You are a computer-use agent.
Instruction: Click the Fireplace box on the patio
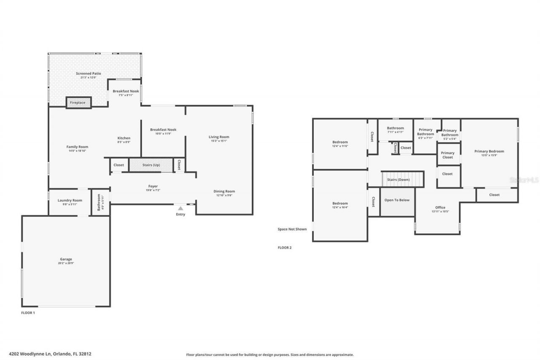[78, 103]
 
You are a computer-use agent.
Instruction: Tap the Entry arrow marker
[181, 208]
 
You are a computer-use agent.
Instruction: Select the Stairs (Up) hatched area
[151, 165]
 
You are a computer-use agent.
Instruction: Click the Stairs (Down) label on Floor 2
[398, 180]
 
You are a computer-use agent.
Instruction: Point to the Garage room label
[66, 259]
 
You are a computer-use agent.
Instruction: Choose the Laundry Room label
[70, 200]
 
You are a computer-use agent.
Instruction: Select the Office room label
[440, 207]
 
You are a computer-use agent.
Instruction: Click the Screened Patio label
[89, 73]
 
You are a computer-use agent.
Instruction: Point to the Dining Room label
[224, 191]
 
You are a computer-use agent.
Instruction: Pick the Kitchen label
[124, 138]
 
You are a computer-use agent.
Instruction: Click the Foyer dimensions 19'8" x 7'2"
[153, 190]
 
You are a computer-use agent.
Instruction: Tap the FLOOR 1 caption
[28, 313]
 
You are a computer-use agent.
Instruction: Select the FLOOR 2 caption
[284, 248]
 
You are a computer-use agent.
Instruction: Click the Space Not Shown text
[292, 229]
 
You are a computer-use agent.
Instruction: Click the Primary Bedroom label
[489, 151]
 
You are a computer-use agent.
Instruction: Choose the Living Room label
[219, 137]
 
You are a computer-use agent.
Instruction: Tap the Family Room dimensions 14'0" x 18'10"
[77, 151]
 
